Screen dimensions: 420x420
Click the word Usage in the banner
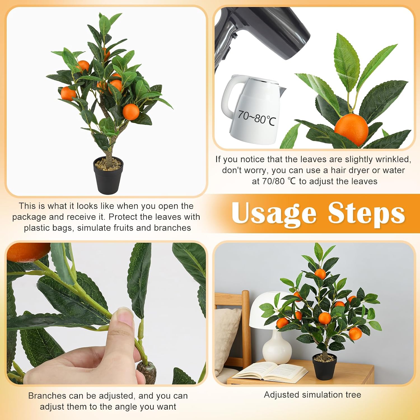tap(274, 213)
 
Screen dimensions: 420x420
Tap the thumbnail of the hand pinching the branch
tap(106, 314)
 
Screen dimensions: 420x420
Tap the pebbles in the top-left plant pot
tap(108, 164)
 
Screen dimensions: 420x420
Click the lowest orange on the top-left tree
tap(131, 112)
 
